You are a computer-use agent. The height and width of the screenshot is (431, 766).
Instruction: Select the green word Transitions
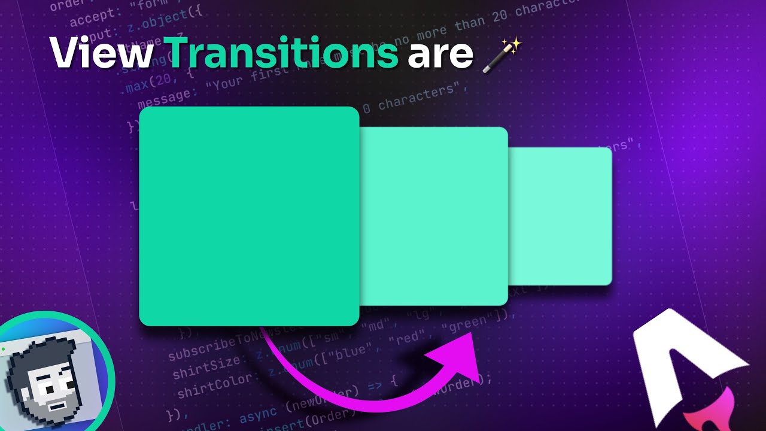pyautogui.click(x=281, y=53)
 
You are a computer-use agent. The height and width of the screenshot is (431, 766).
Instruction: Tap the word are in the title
pyautogui.click(x=440, y=54)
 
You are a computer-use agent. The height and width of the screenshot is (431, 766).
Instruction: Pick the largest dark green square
pyautogui.click(x=248, y=216)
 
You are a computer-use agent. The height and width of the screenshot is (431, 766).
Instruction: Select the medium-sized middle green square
pyautogui.click(x=433, y=216)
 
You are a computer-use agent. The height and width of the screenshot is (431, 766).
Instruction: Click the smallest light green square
pyautogui.click(x=560, y=216)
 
